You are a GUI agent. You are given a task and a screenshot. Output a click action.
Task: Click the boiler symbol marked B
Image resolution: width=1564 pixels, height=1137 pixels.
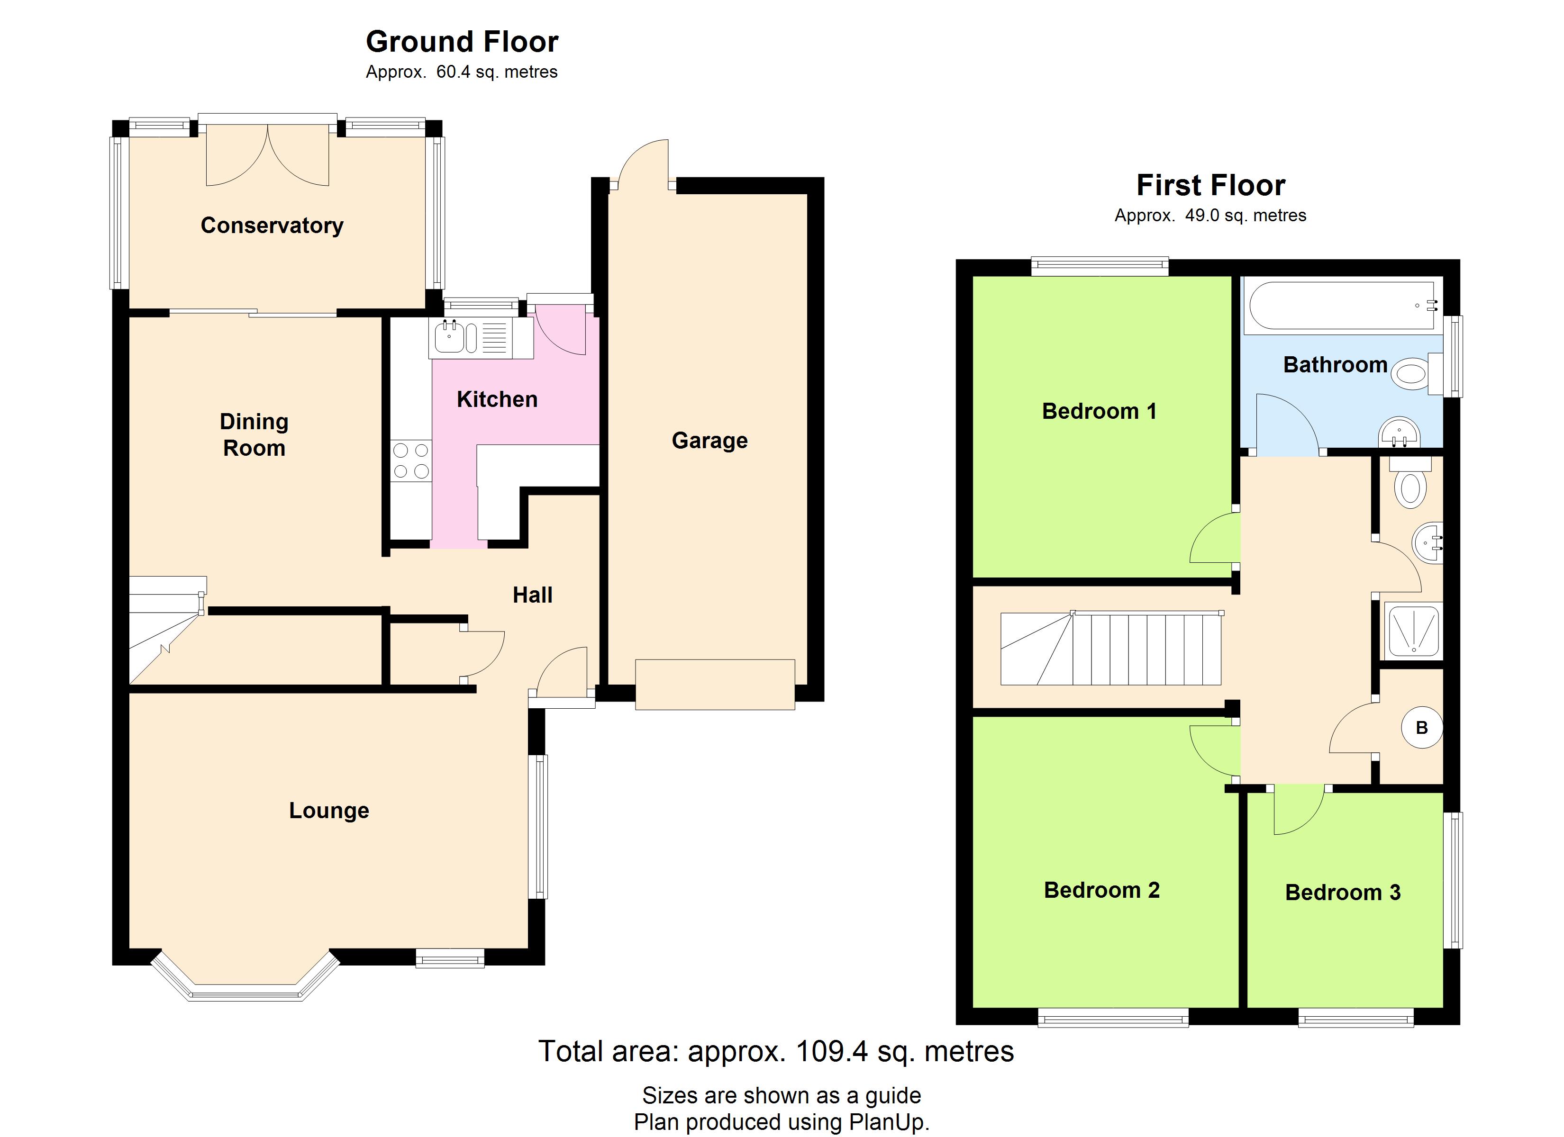click(1421, 727)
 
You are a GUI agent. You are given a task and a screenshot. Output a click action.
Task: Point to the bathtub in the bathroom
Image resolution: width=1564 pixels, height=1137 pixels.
click(1343, 305)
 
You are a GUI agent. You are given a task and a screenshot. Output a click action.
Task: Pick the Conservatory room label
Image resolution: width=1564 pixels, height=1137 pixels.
click(272, 226)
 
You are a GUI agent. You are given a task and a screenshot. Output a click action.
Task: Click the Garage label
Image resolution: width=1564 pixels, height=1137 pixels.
click(709, 441)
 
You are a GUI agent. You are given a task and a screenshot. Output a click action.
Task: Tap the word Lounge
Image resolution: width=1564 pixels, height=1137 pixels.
click(329, 811)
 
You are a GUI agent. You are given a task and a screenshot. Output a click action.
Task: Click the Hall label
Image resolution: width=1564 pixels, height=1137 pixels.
click(532, 595)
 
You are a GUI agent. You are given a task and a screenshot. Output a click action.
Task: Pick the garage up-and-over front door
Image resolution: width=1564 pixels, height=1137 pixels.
click(715, 685)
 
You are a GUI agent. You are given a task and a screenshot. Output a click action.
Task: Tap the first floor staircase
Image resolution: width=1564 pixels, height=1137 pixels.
click(1111, 648)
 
